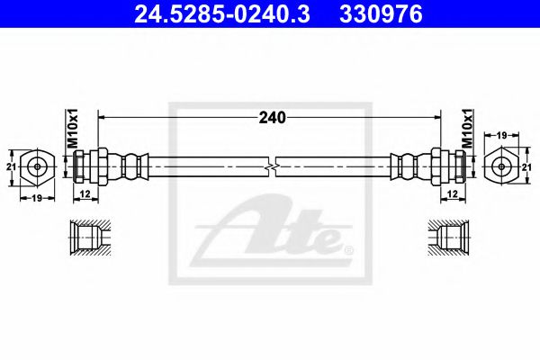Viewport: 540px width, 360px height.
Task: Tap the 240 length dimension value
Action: [270, 117]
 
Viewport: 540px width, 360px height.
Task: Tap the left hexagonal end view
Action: [37, 166]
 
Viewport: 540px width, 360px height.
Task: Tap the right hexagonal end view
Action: [504, 166]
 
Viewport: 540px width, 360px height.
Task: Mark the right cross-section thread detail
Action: [451, 238]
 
